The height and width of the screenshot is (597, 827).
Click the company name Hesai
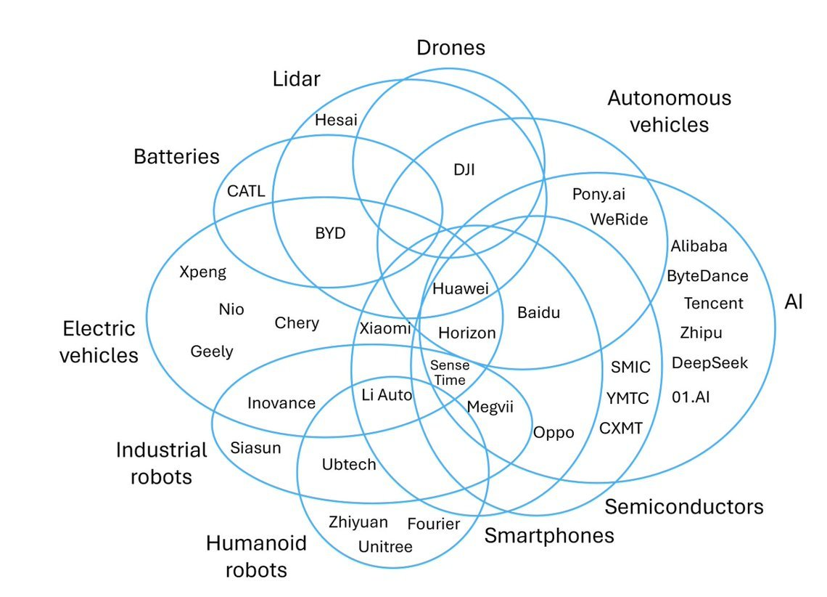[x=336, y=121]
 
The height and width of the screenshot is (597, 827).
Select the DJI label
[x=464, y=170]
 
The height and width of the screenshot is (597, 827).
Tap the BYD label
[x=330, y=234]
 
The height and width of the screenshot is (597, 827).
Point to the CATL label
[x=246, y=192]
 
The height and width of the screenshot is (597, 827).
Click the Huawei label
[x=460, y=288]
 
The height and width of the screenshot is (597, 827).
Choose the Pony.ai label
[x=599, y=194]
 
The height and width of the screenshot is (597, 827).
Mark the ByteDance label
[x=707, y=276]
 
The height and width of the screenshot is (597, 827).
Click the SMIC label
[x=630, y=367]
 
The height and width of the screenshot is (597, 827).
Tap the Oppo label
[x=554, y=433]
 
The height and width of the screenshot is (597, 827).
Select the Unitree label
[x=385, y=547]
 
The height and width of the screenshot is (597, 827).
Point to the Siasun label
[x=255, y=447]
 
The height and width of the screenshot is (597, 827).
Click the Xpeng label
[x=202, y=272]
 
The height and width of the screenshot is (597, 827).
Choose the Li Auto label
[x=387, y=395]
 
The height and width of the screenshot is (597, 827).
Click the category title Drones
[x=450, y=49]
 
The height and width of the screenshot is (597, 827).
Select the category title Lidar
[x=296, y=79]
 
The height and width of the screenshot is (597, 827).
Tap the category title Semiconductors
[x=683, y=506]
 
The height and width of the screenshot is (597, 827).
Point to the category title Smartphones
[x=549, y=536]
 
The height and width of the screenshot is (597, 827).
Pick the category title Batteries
[x=176, y=156]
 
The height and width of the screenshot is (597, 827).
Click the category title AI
[x=794, y=302]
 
